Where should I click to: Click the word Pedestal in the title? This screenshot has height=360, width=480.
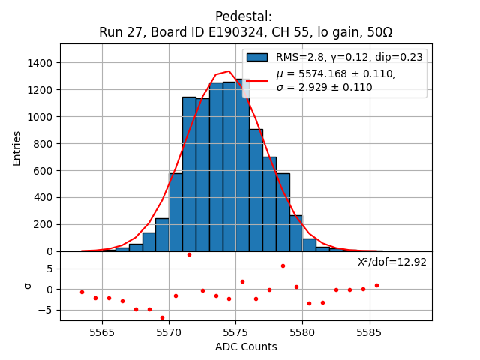244,16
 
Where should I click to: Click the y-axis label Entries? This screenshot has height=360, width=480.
17,148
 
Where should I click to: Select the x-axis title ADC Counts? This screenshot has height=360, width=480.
246,346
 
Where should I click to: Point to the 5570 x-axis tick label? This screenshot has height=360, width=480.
169,331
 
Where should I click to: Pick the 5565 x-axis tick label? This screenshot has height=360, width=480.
102,331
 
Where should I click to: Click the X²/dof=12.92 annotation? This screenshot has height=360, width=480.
391,262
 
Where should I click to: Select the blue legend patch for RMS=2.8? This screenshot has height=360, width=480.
257,58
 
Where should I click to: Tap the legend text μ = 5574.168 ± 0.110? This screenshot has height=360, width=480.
335,73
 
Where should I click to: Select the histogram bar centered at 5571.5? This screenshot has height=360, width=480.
189,174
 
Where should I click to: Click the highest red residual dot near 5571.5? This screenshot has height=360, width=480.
189,254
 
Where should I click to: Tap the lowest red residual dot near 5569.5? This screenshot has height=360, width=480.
162,317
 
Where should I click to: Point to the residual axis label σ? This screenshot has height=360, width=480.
28,285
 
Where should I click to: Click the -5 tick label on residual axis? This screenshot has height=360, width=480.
47,310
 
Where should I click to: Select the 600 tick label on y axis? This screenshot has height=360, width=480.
44,171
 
